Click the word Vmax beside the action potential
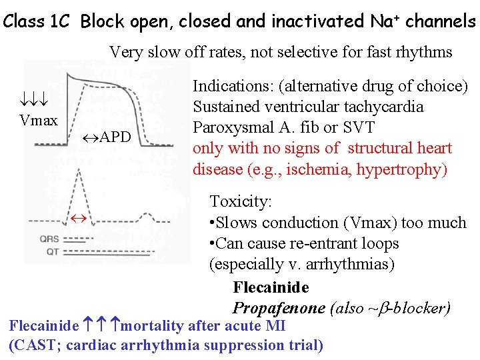39,121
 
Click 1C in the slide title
60,21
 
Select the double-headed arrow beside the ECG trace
78,217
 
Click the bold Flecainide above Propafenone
271,287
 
